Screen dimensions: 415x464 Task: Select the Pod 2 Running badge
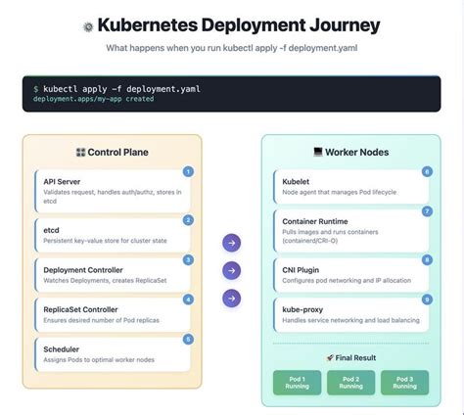pos(351,382)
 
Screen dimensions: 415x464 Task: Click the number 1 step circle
pos(188,172)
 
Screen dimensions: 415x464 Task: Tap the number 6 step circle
pos(427,171)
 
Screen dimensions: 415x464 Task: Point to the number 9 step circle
pos(427,299)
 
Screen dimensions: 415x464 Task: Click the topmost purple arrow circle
pos(231,242)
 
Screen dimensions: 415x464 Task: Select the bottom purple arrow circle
pos(231,298)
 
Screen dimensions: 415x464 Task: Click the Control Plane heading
pos(113,153)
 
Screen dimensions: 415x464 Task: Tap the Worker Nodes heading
pos(352,153)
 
